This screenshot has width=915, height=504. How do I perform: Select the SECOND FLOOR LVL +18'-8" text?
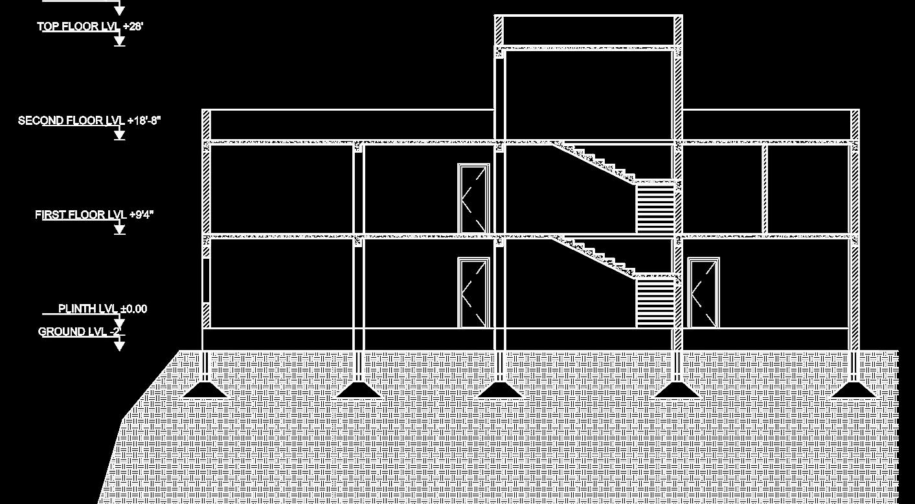pos(89,121)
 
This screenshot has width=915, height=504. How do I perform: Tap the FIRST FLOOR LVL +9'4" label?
pos(95,215)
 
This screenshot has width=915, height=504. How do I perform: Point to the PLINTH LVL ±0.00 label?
pos(103,309)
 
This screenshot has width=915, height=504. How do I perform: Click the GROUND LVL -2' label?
pos(80,332)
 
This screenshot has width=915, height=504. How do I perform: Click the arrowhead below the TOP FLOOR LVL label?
pos(119,41)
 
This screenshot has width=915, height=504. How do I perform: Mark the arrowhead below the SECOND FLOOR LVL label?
pos(119,135)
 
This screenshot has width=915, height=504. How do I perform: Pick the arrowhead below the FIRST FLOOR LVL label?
pos(119,229)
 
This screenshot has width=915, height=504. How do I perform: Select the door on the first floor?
pos(473,199)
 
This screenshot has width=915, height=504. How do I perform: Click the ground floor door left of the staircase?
pos(473,292)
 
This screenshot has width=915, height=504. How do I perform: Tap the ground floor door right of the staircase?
pos(703,293)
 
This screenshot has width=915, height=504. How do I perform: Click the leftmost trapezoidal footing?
pos(205,389)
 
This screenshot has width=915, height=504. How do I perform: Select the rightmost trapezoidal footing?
pos(854,389)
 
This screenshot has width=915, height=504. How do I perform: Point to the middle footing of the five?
pos(499,389)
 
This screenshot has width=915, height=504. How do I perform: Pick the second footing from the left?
pos(359,389)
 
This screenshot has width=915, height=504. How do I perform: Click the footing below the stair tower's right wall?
pos(677,389)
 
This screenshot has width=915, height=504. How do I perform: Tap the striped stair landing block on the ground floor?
pos(656,302)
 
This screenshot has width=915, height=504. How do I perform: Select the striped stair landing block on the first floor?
pos(656,208)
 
